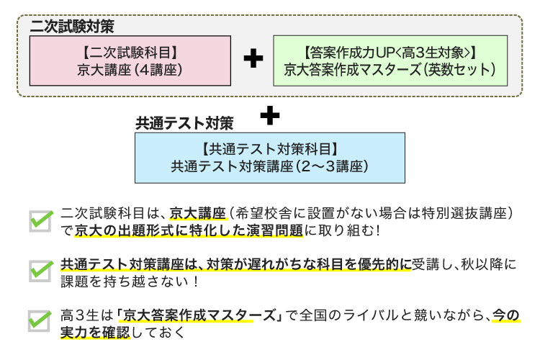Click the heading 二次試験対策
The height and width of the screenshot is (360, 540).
(73, 27)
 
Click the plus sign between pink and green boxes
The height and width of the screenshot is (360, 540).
(253, 60)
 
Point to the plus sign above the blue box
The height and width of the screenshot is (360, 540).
(269, 115)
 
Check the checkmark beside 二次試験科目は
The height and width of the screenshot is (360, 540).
(40, 220)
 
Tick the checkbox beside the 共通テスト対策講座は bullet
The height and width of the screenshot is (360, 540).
(40, 270)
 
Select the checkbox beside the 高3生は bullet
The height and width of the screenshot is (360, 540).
(40, 320)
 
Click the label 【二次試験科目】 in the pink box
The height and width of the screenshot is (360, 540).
(130, 52)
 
